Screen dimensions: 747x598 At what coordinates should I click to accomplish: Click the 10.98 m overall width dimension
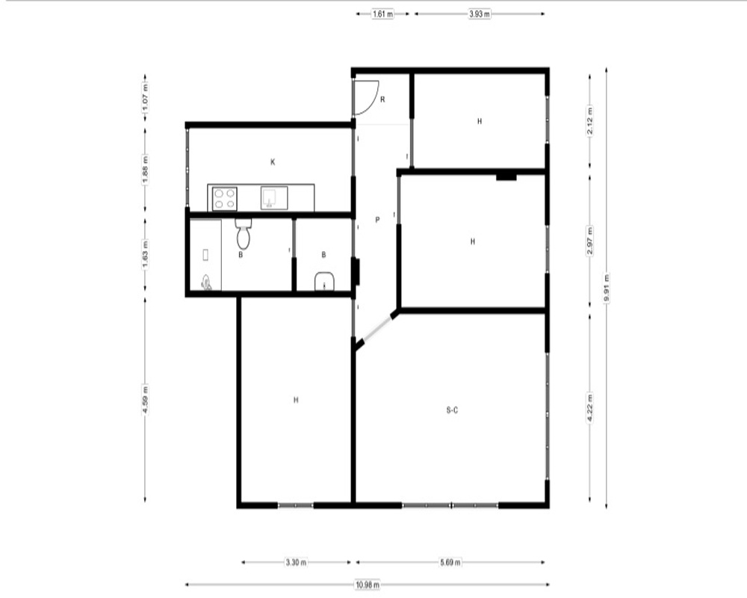coord(368,584)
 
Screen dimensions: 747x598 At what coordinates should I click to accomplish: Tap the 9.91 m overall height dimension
coord(606,288)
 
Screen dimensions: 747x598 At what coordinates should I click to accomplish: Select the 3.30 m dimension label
coord(296,562)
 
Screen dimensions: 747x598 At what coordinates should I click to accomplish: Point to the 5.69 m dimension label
coord(450,562)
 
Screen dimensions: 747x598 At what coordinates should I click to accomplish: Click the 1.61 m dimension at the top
coord(382,14)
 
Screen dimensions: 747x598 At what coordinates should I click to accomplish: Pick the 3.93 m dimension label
coord(480,14)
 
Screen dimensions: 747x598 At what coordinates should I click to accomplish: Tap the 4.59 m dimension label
coord(146,399)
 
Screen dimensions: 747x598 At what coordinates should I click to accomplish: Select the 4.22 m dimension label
coord(590,407)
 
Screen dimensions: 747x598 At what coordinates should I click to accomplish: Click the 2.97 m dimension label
coord(590,241)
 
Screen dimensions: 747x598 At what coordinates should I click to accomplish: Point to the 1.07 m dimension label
coord(146,97)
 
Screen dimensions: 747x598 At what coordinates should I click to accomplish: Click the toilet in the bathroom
coord(244,234)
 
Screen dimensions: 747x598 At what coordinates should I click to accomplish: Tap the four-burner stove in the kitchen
coord(224,199)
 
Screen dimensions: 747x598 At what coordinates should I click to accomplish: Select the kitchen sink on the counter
coord(274,198)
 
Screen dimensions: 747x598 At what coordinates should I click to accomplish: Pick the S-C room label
coord(452,410)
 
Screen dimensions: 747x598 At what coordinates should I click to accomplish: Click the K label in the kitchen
coord(273,162)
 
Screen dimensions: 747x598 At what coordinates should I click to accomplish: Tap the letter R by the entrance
coord(382,99)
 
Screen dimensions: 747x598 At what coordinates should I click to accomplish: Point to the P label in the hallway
coord(377,220)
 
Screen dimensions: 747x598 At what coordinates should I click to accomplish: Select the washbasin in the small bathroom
coord(324,281)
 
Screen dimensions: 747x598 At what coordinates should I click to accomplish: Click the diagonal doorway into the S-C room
coord(377,327)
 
